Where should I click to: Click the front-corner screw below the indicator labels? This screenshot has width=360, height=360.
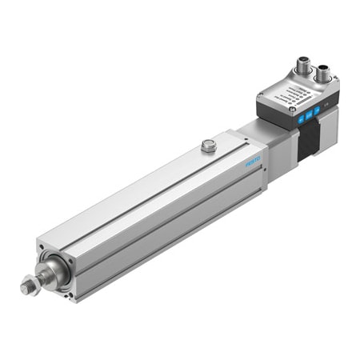pyautogui.click(x=291, y=121)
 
